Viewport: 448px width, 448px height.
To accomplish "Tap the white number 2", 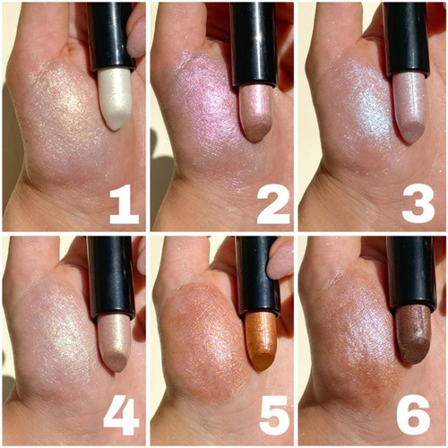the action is tap(273, 204).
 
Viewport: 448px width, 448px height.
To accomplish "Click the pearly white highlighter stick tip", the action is tap(116, 98).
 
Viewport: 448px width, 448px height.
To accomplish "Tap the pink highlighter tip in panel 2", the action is tap(255, 115).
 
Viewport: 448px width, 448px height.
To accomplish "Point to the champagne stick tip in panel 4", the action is tap(115, 343).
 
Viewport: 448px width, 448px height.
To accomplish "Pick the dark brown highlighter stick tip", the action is tap(413, 334).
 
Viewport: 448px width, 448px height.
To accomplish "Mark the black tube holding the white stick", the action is tap(110, 36).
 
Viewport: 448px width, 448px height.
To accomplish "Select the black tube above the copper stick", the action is tap(257, 275).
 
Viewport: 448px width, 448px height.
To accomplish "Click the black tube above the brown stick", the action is tap(410, 272).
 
